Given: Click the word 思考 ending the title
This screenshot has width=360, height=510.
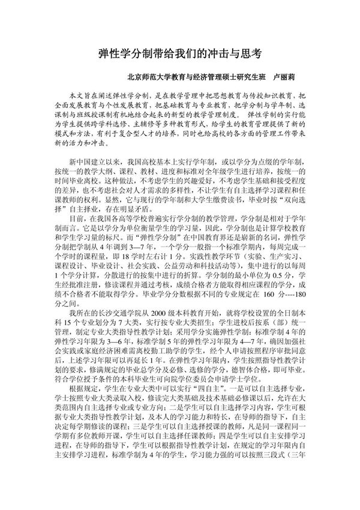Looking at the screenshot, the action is [x=252, y=53].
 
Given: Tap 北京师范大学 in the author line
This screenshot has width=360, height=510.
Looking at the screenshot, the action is [x=148, y=77].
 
